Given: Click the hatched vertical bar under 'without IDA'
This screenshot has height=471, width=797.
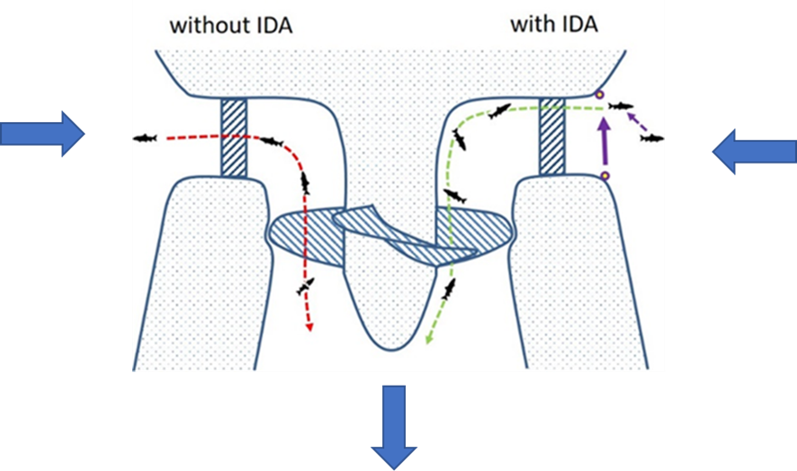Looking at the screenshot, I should pos(234,138).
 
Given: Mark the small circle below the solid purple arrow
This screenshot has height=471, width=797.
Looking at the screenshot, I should pos(604,175).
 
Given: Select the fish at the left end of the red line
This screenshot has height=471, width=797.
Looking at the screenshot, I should pos(145,138).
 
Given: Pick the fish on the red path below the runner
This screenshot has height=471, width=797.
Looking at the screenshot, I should pos(306,287).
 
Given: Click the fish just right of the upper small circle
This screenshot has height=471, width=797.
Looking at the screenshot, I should pos(621,106).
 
